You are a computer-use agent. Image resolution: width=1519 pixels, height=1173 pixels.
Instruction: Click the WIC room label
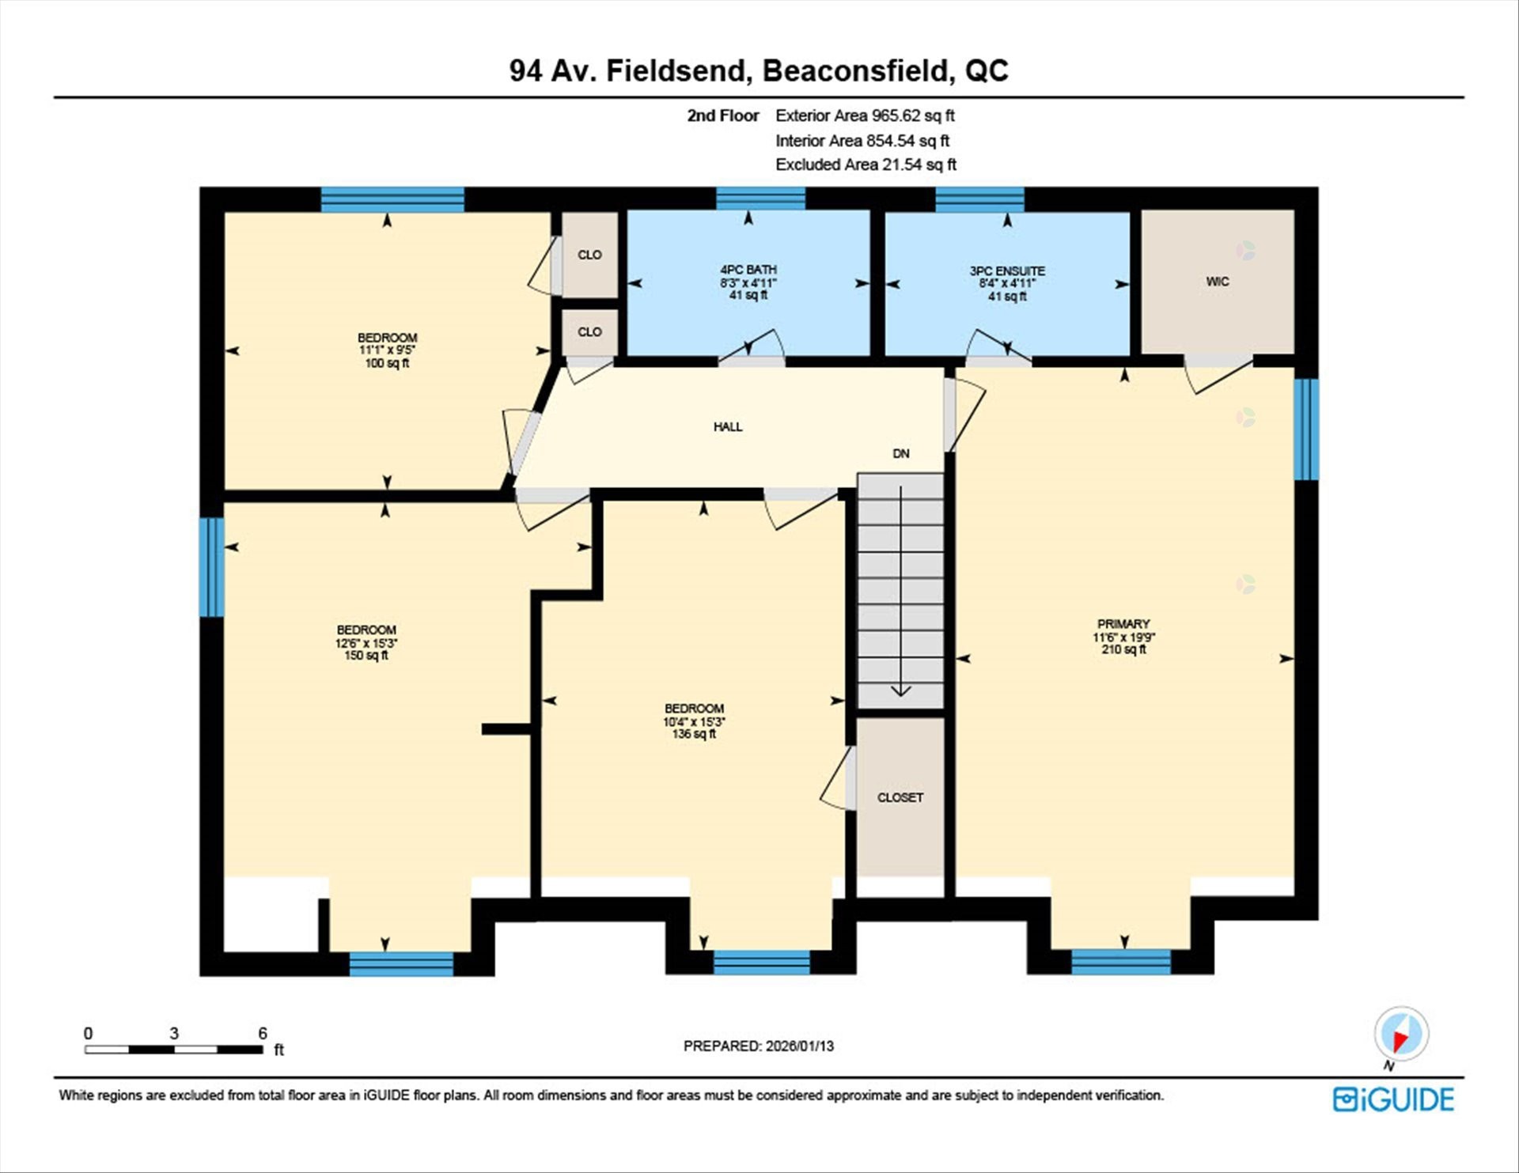pyautogui.click(x=1217, y=282)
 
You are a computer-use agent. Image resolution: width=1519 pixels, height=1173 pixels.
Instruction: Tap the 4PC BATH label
pyautogui.click(x=748, y=270)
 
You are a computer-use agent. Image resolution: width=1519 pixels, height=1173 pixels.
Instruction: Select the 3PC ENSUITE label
pyautogui.click(x=1006, y=271)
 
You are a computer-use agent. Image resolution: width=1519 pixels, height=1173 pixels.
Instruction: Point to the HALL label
pyautogui.click(x=728, y=427)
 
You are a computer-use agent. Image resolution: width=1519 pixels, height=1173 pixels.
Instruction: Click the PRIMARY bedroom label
pyautogui.click(x=1123, y=624)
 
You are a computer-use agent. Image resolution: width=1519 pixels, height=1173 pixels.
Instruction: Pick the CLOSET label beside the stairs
pyautogui.click(x=900, y=797)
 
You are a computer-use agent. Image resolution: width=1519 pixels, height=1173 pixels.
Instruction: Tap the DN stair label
pyautogui.click(x=900, y=454)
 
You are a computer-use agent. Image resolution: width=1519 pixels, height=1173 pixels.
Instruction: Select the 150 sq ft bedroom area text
pyautogui.click(x=366, y=656)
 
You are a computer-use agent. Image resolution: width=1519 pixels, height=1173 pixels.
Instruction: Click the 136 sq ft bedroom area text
pyautogui.click(x=694, y=734)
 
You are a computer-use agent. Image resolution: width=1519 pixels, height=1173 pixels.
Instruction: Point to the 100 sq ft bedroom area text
pyautogui.click(x=387, y=364)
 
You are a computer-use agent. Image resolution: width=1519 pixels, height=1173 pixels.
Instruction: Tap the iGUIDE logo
pyautogui.click(x=1392, y=1099)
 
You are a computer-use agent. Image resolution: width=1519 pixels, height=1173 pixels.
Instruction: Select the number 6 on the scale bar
pyautogui.click(x=263, y=1033)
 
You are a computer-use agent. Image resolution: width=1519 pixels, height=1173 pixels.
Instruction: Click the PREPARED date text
pyautogui.click(x=758, y=1046)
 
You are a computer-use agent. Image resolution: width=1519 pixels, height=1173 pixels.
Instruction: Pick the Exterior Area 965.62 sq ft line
pyautogui.click(x=864, y=115)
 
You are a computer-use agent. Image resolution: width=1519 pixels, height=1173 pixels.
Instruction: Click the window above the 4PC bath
pyautogui.click(x=760, y=199)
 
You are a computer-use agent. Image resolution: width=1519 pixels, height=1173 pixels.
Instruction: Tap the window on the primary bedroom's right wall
pyautogui.click(x=1305, y=429)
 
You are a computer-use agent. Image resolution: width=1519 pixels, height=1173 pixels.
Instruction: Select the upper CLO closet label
pyautogui.click(x=589, y=255)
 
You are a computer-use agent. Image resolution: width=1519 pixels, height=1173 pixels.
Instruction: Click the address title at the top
pyautogui.click(x=759, y=71)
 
